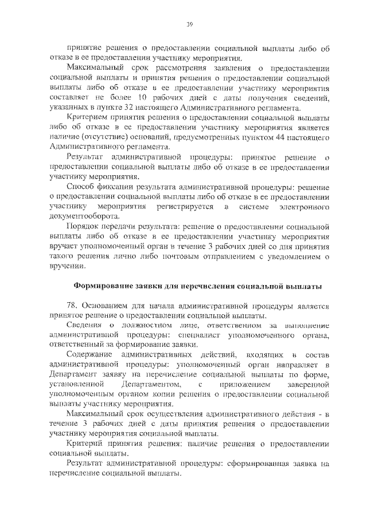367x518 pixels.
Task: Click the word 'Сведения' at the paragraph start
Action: tap(85, 324)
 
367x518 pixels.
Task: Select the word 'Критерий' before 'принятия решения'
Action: tap(84, 444)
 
